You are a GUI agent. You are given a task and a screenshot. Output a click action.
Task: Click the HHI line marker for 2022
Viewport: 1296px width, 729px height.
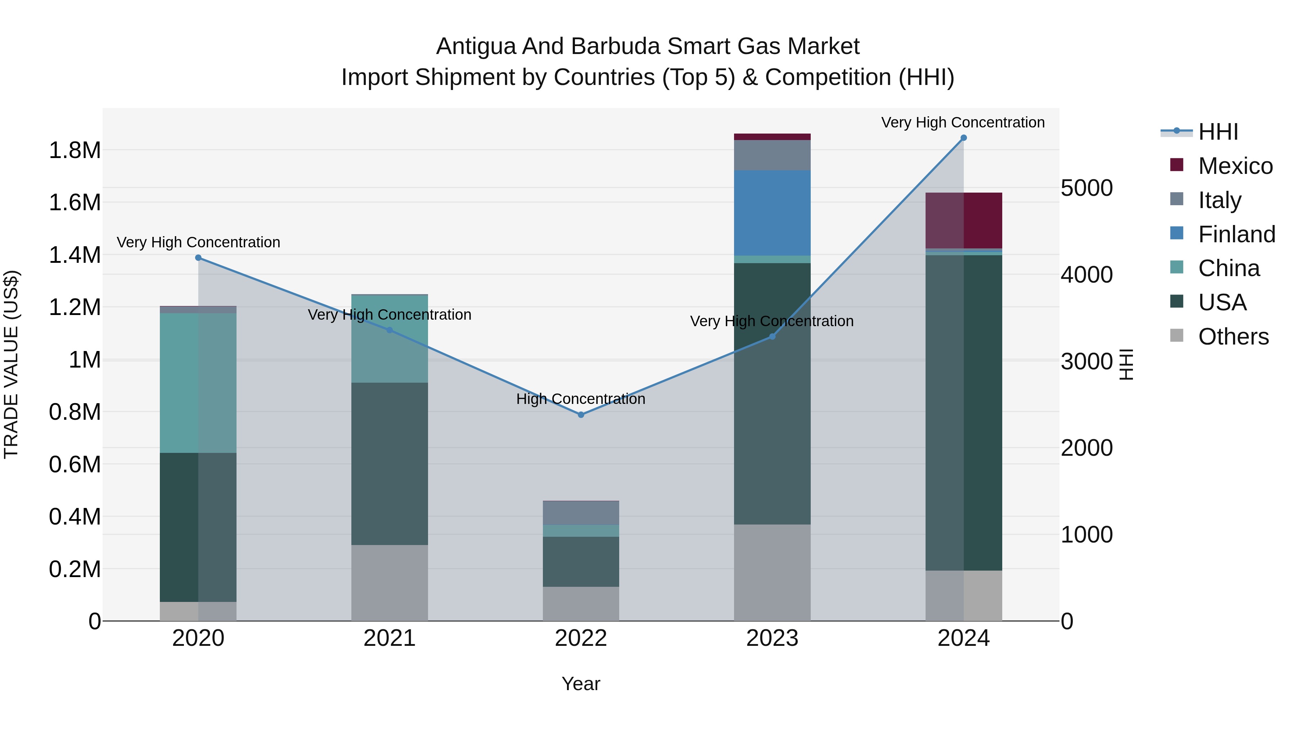[x=581, y=415]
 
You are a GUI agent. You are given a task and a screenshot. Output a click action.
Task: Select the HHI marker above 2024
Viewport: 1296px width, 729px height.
[x=963, y=138]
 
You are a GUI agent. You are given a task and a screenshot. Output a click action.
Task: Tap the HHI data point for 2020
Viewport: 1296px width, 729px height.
[x=198, y=258]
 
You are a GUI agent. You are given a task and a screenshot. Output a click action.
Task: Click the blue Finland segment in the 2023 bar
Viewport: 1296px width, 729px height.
[x=772, y=213]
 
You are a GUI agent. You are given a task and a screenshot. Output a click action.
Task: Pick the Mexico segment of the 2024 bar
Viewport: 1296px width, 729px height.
[x=963, y=220]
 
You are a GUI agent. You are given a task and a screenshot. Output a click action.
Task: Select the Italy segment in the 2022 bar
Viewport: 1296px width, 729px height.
[x=581, y=513]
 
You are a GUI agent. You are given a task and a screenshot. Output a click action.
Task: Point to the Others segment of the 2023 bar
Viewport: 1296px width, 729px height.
[x=772, y=572]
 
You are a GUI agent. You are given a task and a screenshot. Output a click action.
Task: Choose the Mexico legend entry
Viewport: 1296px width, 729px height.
[x=1235, y=166]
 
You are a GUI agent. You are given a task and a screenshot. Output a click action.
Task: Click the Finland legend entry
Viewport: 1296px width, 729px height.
[x=1236, y=234]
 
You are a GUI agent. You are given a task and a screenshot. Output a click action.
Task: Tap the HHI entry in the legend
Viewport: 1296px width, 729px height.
[x=1218, y=132]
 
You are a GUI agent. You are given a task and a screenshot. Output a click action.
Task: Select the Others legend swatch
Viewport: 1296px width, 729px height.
[x=1177, y=335]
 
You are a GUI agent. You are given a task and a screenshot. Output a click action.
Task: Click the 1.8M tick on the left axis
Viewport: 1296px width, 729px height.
[x=75, y=150]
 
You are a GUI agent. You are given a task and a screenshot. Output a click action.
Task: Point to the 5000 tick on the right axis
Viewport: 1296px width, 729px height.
[x=1087, y=188]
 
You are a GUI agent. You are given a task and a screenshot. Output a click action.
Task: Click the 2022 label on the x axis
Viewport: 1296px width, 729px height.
[x=581, y=638]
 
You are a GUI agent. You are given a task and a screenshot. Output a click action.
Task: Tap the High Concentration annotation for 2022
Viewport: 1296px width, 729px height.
[x=581, y=399]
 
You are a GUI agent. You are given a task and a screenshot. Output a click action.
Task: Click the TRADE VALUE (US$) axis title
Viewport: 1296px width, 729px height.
[x=11, y=364]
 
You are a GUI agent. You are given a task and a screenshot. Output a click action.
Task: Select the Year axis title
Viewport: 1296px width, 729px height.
[x=581, y=684]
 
